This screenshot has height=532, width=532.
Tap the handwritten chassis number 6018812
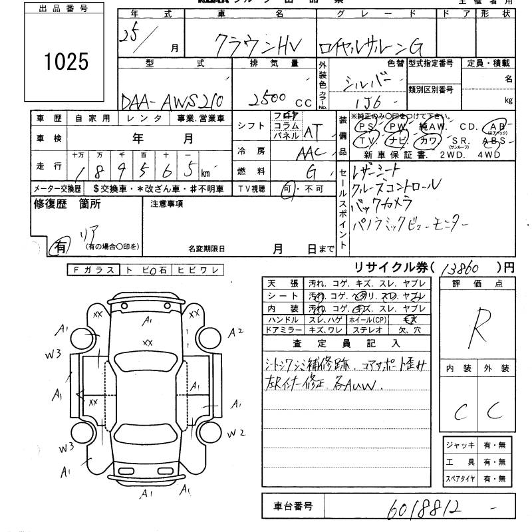point(422,507)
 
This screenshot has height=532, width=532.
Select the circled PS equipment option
point(364,126)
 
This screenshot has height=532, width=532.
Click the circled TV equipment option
point(364,141)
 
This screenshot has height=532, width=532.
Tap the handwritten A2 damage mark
point(237,331)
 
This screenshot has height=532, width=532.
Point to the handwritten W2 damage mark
point(237,433)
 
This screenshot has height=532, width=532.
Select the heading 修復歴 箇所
point(63,204)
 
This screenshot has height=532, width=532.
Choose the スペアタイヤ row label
point(462,478)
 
